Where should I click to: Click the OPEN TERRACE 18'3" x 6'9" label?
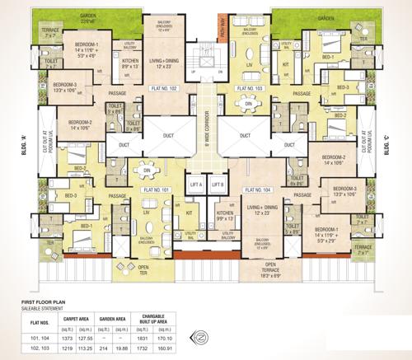tap(265, 268)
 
